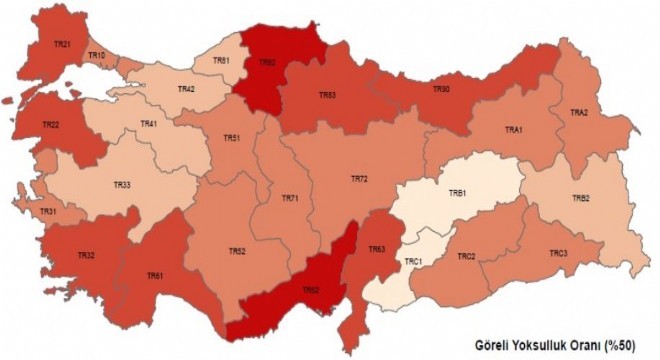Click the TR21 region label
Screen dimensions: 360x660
coord(62,44)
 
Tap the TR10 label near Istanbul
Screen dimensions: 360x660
coord(97,55)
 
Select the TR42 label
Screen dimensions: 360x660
coord(186,89)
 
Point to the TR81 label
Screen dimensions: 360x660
coord(224,61)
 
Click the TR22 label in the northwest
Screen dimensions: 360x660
coord(51,125)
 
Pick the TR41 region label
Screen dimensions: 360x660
coord(149,123)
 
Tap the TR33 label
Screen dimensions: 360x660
coord(122,185)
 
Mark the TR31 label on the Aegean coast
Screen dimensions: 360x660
coord(47,212)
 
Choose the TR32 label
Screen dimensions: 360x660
coord(86,257)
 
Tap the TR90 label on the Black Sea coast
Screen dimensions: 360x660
coord(441,89)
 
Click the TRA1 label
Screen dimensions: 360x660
coord(514,130)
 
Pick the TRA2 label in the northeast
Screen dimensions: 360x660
coord(579,112)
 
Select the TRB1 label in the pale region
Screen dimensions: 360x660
coord(458,192)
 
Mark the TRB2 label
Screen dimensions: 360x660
coord(581,198)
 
